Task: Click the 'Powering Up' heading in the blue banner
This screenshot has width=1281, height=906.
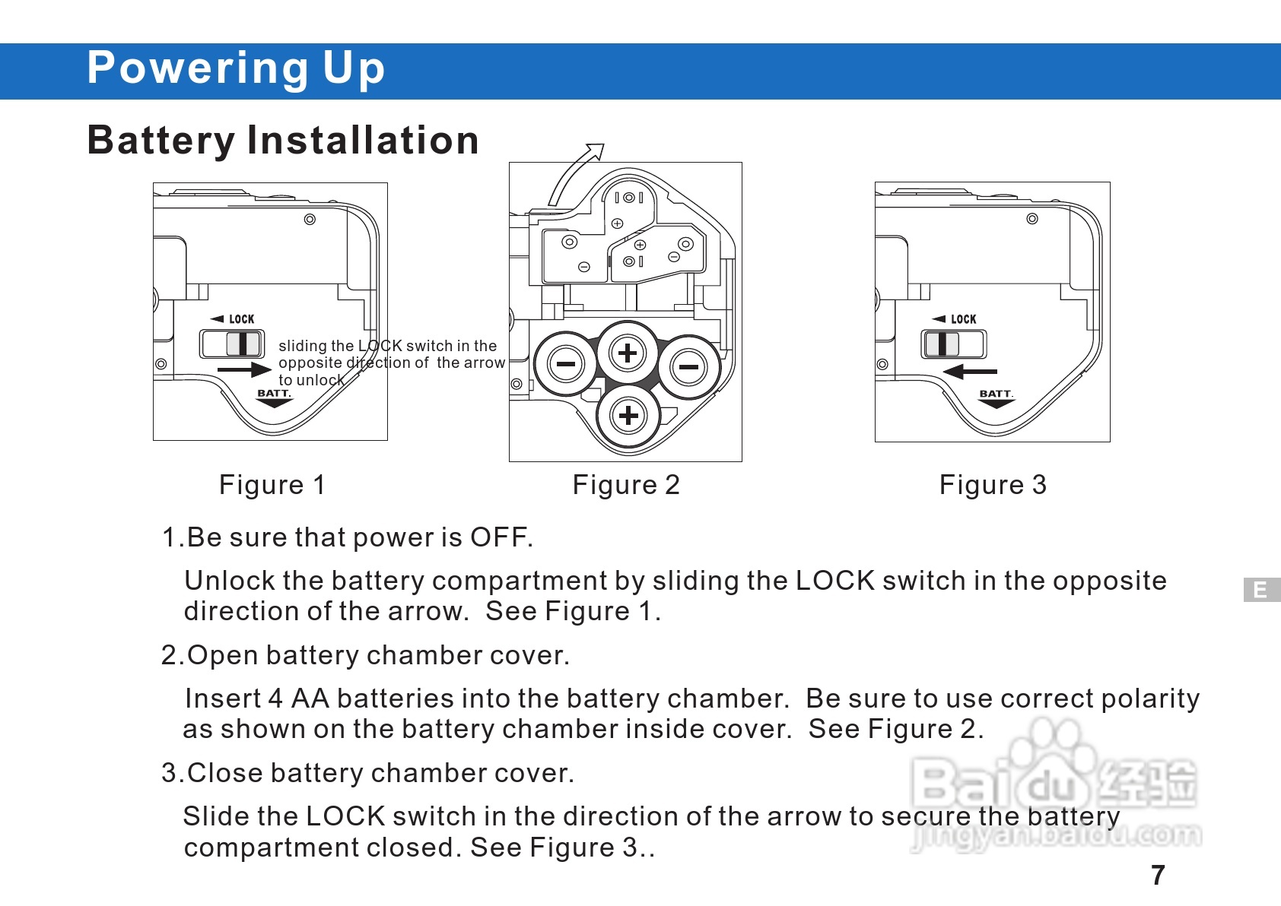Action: [x=236, y=68]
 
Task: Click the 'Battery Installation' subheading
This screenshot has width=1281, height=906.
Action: [x=283, y=141]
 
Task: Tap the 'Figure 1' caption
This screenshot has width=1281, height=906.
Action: [x=272, y=485]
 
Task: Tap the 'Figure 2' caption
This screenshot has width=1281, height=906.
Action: [x=626, y=485]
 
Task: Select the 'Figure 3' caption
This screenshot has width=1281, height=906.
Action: [x=993, y=485]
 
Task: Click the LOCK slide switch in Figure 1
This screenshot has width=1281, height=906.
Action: [x=232, y=344]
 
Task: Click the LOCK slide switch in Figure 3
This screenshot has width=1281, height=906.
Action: [x=953, y=344]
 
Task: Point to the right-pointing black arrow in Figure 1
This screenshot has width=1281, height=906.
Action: [x=245, y=369]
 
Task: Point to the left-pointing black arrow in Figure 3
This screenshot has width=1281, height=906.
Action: [x=970, y=372]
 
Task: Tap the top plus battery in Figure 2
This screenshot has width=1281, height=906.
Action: [x=628, y=353]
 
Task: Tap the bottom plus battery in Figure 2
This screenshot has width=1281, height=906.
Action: [x=628, y=415]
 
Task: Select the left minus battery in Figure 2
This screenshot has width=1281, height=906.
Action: [x=566, y=364]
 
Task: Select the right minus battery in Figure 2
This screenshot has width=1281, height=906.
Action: [x=689, y=366]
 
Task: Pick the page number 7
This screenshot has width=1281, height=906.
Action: [x=1158, y=875]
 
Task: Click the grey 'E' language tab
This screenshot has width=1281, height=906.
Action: [x=1261, y=590]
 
